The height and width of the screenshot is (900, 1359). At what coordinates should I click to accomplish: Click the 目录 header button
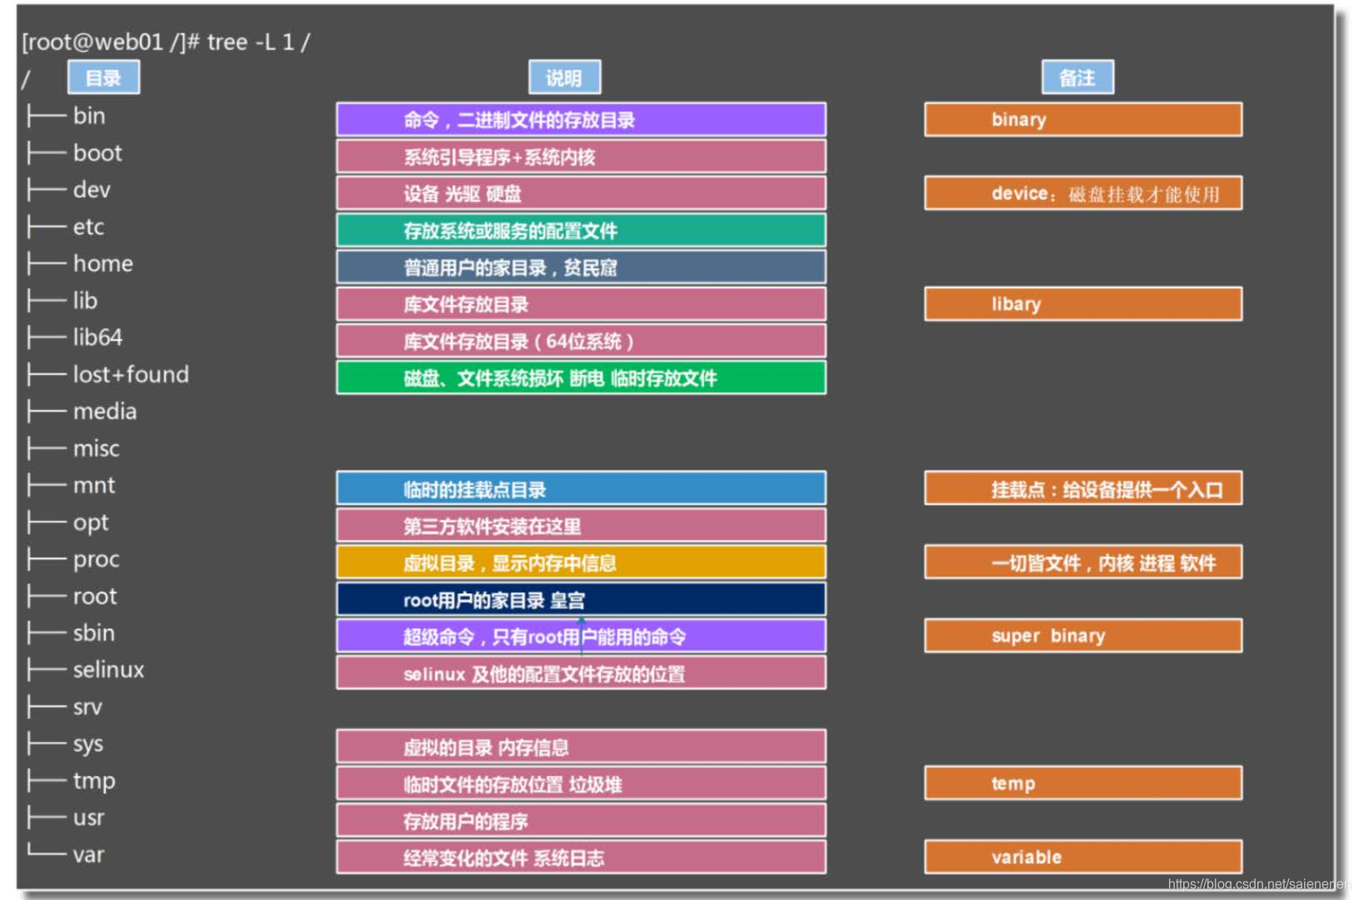104,77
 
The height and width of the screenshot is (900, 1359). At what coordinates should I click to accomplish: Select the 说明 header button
565,77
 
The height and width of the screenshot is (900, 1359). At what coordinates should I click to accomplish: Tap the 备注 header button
1077,77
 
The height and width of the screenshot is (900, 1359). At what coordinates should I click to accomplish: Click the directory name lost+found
131,374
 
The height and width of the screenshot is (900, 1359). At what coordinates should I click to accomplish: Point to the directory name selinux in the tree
108,670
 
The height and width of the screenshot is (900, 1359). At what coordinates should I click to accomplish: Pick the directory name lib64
97,337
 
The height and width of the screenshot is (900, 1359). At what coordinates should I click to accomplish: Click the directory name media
105,412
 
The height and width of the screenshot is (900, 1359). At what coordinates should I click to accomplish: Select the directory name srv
88,707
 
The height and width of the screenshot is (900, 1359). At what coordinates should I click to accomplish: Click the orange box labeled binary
1083,119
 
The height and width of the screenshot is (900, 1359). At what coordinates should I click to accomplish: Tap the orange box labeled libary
1083,303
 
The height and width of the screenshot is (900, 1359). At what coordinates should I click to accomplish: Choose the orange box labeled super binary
1083,635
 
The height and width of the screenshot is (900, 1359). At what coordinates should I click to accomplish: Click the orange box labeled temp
1083,782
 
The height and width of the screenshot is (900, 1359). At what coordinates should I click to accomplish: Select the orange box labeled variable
1083,857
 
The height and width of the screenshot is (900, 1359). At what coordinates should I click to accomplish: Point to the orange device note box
1083,193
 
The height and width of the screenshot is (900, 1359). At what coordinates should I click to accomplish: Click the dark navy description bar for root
582,600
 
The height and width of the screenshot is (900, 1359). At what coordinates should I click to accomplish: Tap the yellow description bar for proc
582,562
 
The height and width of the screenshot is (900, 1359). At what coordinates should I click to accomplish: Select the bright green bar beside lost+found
582,377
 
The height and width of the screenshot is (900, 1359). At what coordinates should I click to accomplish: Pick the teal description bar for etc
582,230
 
